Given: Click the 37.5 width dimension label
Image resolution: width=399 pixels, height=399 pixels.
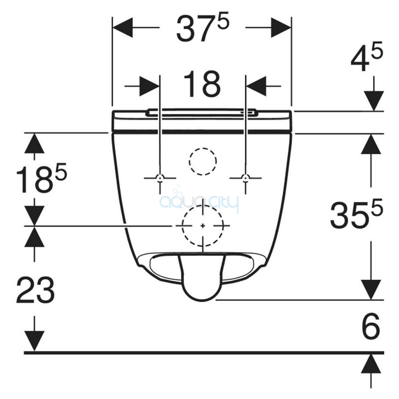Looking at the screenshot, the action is click(x=203, y=27).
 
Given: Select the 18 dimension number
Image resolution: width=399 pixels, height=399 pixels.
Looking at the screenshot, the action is click(x=202, y=84).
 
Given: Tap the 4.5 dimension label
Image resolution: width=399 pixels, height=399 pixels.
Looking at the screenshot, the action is click(x=367, y=57).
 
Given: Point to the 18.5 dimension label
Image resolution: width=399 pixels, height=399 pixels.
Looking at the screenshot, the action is click(x=41, y=178).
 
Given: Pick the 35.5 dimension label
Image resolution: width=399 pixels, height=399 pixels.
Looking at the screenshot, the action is click(x=356, y=213).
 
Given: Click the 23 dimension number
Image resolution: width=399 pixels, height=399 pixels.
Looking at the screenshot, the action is click(x=35, y=290).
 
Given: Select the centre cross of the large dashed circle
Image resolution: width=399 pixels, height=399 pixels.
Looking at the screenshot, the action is click(x=203, y=226).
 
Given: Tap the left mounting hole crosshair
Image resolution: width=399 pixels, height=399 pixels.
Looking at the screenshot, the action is click(x=160, y=178).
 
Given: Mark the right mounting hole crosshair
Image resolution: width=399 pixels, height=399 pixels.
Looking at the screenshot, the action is click(x=245, y=178).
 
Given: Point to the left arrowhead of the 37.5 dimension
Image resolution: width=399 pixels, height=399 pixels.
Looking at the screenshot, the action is click(x=122, y=27).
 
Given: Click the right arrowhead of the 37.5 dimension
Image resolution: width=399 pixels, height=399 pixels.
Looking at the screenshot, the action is click(x=281, y=27).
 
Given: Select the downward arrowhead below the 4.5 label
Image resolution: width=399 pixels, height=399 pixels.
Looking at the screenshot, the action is click(x=374, y=101).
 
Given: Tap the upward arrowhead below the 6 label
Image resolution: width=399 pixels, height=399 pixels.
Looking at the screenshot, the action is click(x=371, y=364).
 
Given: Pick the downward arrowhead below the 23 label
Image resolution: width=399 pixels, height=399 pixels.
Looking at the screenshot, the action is click(x=34, y=341).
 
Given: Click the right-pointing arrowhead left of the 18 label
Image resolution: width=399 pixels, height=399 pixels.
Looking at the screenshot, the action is click(x=150, y=86).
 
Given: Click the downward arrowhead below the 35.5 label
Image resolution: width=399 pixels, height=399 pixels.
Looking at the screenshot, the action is click(x=371, y=290).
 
